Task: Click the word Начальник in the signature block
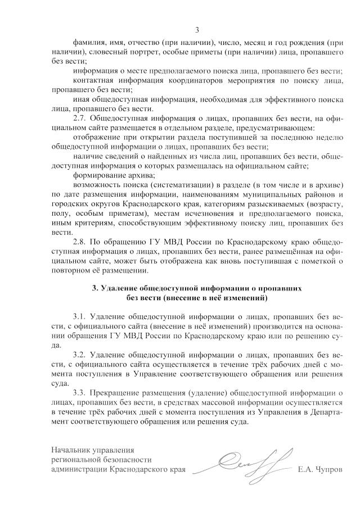point(71,450)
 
